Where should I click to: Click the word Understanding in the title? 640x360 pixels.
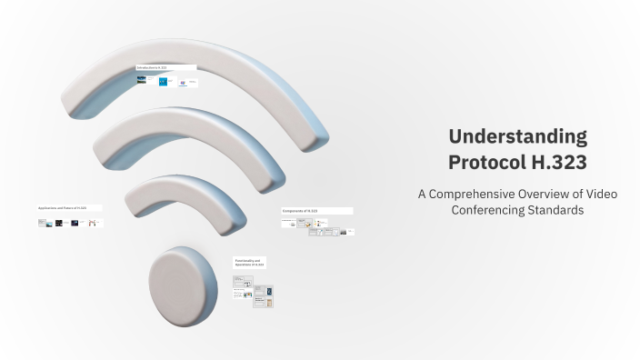(x=517, y=137)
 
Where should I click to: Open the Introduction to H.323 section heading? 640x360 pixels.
(x=165, y=67)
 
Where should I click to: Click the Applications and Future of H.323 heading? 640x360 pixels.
(x=69, y=208)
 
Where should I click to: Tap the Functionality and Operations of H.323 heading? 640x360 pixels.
(x=249, y=262)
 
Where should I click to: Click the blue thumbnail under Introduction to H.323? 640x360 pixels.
(x=163, y=81)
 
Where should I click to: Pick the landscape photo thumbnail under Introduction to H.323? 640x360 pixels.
(x=142, y=80)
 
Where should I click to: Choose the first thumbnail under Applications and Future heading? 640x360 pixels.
(x=42, y=223)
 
